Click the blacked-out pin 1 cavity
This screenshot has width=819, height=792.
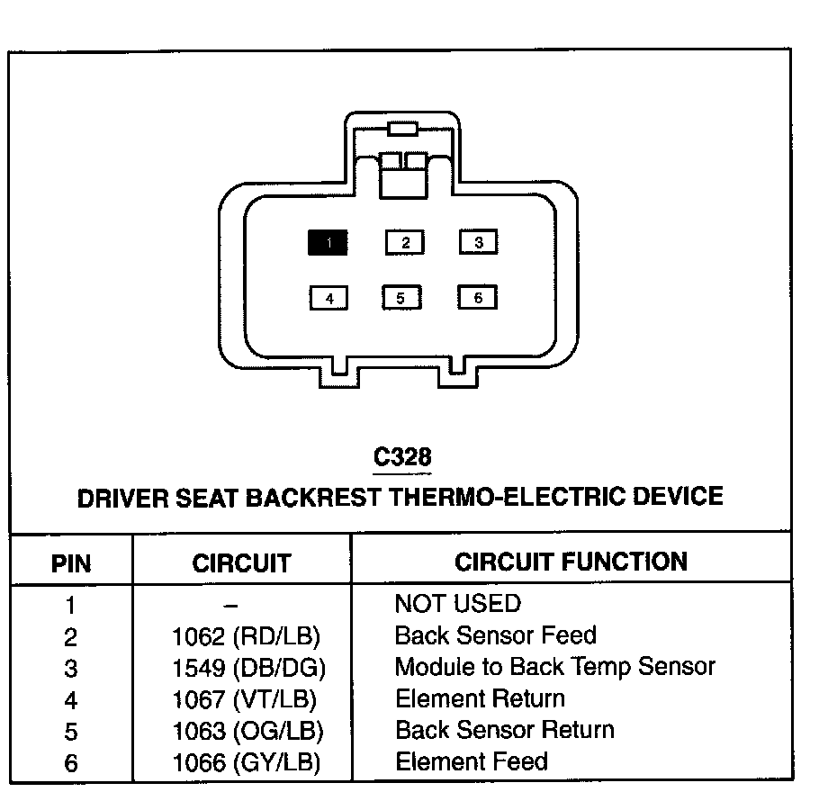(x=328, y=242)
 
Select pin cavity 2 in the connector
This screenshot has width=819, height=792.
(x=405, y=242)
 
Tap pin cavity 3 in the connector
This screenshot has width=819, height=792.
(x=479, y=242)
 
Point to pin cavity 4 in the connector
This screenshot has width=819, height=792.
(x=329, y=298)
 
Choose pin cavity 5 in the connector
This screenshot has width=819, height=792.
(x=401, y=298)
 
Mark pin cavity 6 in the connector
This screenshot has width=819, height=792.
(x=477, y=298)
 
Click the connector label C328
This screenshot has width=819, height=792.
(x=402, y=457)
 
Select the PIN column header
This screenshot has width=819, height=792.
(x=71, y=564)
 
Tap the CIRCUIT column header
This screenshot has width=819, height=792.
(x=241, y=564)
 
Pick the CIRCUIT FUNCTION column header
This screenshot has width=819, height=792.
(x=571, y=562)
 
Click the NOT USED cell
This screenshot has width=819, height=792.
(x=457, y=604)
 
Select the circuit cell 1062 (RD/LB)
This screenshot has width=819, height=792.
(x=247, y=636)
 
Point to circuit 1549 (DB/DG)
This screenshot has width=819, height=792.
(x=248, y=668)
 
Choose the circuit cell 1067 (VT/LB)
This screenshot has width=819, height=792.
(x=245, y=699)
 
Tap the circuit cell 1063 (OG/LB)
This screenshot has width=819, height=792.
(x=247, y=731)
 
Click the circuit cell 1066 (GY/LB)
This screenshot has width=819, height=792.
(x=247, y=763)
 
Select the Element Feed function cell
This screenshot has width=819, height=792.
(x=471, y=761)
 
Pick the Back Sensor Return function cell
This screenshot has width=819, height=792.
(x=504, y=729)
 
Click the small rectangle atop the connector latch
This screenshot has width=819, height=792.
(x=402, y=128)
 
